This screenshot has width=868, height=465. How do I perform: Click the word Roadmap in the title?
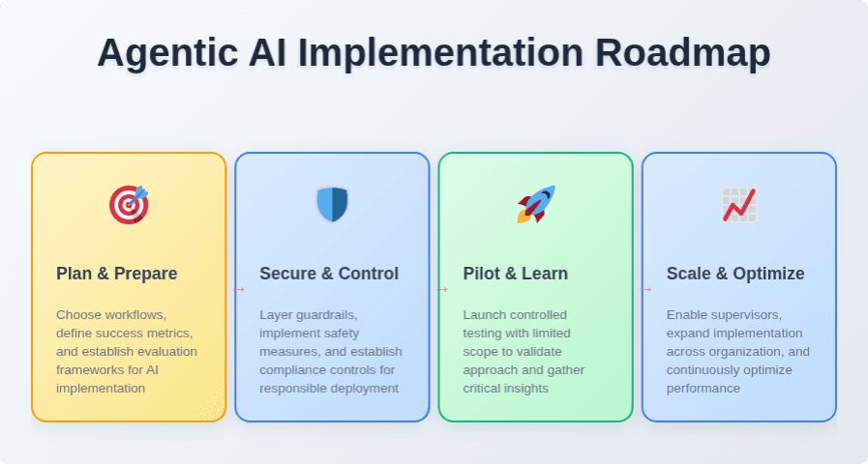(682, 53)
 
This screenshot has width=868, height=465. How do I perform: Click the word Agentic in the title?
(167, 54)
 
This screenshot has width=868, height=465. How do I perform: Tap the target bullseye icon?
(129, 205)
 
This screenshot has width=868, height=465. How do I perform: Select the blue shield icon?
(332, 205)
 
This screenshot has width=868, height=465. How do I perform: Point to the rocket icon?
(536, 204)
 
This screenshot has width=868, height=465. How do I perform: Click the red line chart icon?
(739, 205)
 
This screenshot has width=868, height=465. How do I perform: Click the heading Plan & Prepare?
(117, 274)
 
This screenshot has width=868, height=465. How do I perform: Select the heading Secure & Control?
(329, 274)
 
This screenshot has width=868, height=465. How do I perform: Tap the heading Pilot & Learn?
(516, 274)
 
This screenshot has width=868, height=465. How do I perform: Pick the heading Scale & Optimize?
(735, 274)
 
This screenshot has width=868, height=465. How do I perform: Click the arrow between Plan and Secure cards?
(239, 289)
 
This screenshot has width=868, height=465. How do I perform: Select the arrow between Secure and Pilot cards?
(442, 289)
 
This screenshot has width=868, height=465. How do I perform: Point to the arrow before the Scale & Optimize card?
(646, 289)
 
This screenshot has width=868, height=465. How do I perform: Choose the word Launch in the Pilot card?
(482, 314)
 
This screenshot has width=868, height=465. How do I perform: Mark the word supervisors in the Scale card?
(747, 315)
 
